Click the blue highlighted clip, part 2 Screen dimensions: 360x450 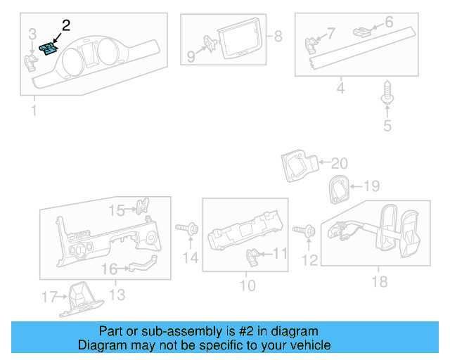coord(47,49)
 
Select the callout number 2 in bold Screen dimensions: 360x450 coord(66,26)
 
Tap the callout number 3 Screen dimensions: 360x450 coord(32,34)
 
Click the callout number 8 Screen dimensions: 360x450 coord(278,36)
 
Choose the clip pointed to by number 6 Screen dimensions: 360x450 coord(362,30)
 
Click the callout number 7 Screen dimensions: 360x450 coord(330,32)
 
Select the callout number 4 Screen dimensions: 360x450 coord(340,89)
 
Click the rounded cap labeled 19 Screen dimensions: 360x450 coord(339,188)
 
